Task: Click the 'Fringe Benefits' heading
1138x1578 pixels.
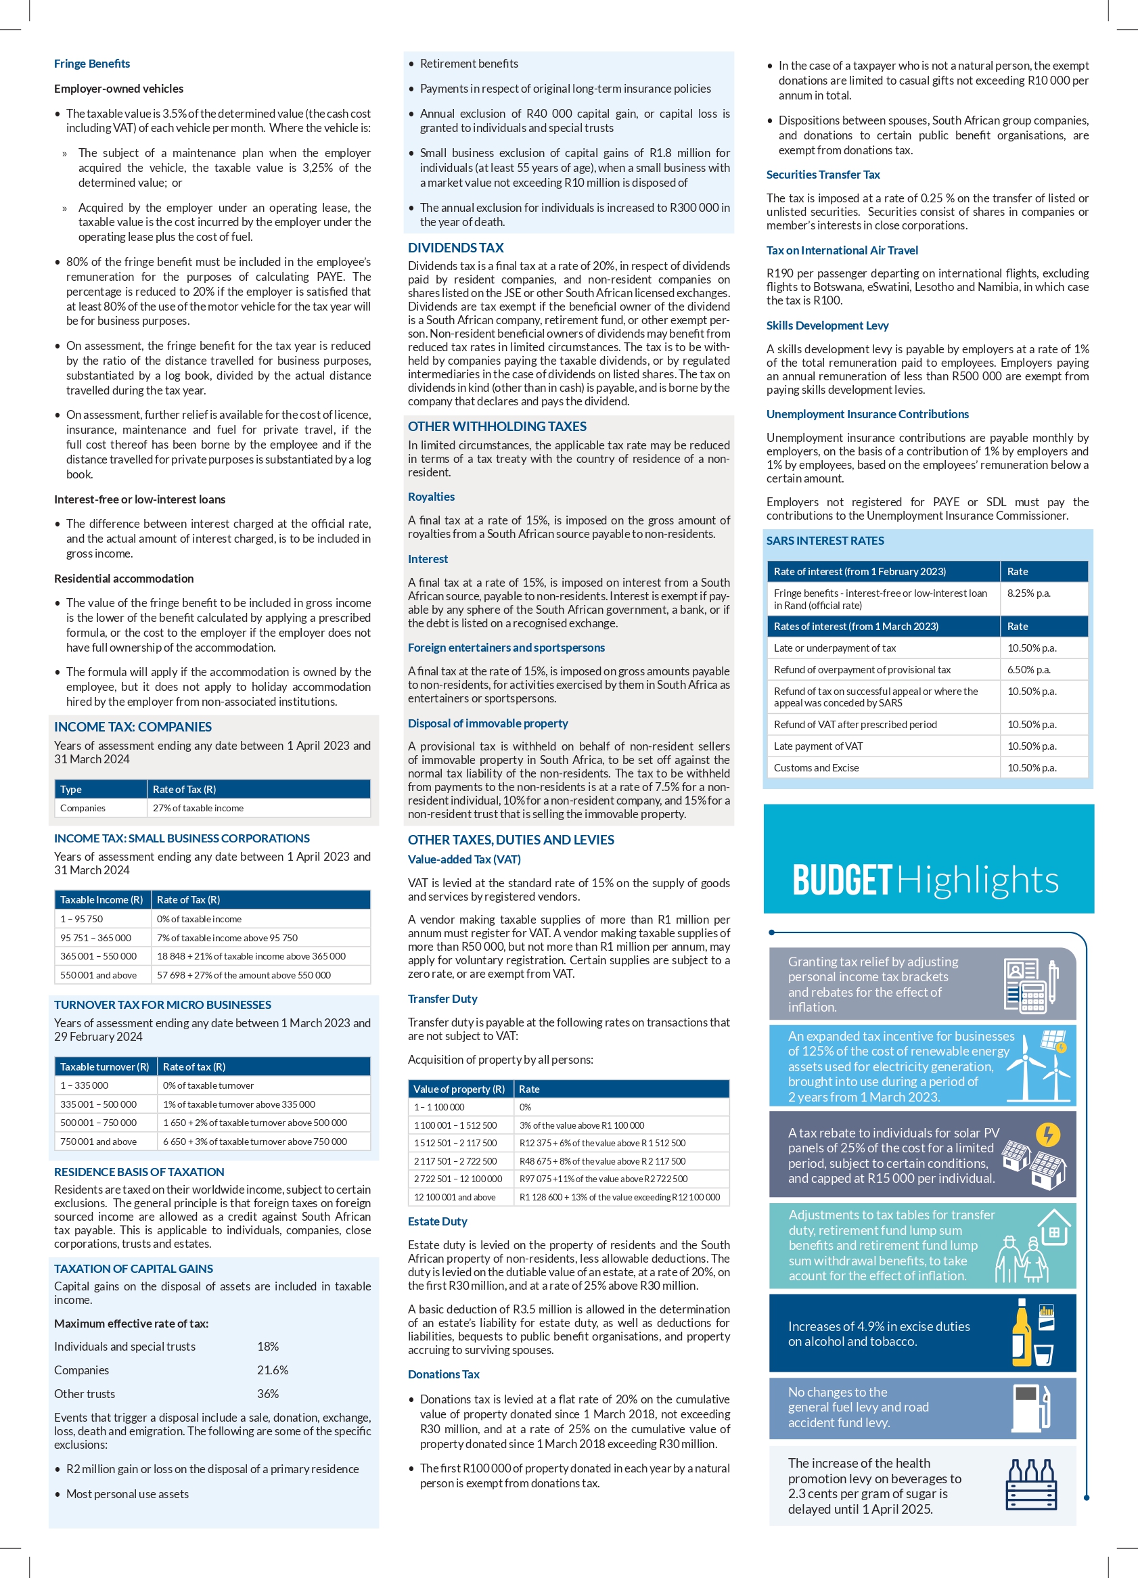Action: [92, 64]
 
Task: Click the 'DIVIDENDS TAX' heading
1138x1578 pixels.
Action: [455, 248]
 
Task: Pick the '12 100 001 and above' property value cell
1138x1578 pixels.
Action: [454, 1198]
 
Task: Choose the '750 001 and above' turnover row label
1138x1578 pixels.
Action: [98, 1142]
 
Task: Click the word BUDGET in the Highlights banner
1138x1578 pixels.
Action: [842, 880]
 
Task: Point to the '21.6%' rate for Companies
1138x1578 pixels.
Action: [273, 1370]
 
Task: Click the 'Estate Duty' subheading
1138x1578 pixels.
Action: [438, 1221]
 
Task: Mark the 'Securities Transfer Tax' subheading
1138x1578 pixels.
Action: [823, 175]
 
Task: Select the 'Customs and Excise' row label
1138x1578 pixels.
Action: [816, 767]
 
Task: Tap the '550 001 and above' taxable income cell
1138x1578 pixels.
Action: [98, 975]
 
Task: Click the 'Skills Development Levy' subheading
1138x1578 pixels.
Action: [827, 325]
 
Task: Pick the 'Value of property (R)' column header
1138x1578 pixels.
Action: [459, 1089]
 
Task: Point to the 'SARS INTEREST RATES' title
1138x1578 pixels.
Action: [825, 541]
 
